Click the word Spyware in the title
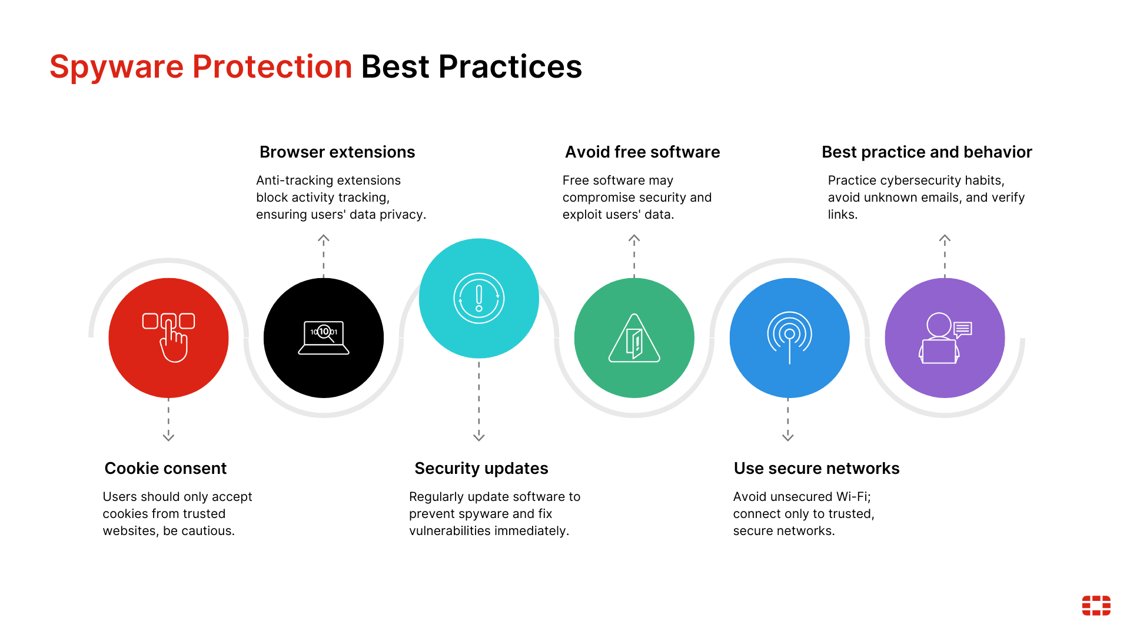coord(117,67)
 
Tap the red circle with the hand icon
coord(168,338)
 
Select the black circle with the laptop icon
coord(324,338)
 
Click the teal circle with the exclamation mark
coord(479,298)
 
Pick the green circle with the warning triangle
coord(634,338)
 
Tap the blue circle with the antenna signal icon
coord(790,338)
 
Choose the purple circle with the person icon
coord(945,338)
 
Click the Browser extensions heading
coord(337,152)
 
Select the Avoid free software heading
coord(643,152)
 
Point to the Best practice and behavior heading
coord(927,152)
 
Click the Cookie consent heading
coord(165,469)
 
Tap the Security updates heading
coord(481,469)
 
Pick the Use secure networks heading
coord(817,469)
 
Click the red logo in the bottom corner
coord(1096,606)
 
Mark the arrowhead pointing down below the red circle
coord(168,437)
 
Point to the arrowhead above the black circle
coord(324,239)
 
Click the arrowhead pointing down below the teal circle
coord(479,437)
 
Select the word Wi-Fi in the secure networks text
coord(854,497)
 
